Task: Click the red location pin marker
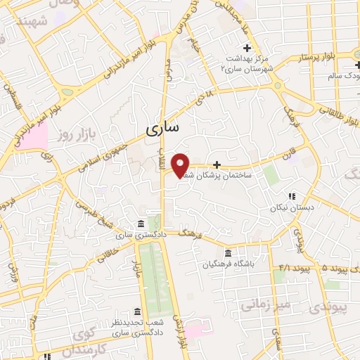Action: tap(181, 165)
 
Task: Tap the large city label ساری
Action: tap(162, 128)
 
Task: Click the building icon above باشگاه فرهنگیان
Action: tap(228, 253)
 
